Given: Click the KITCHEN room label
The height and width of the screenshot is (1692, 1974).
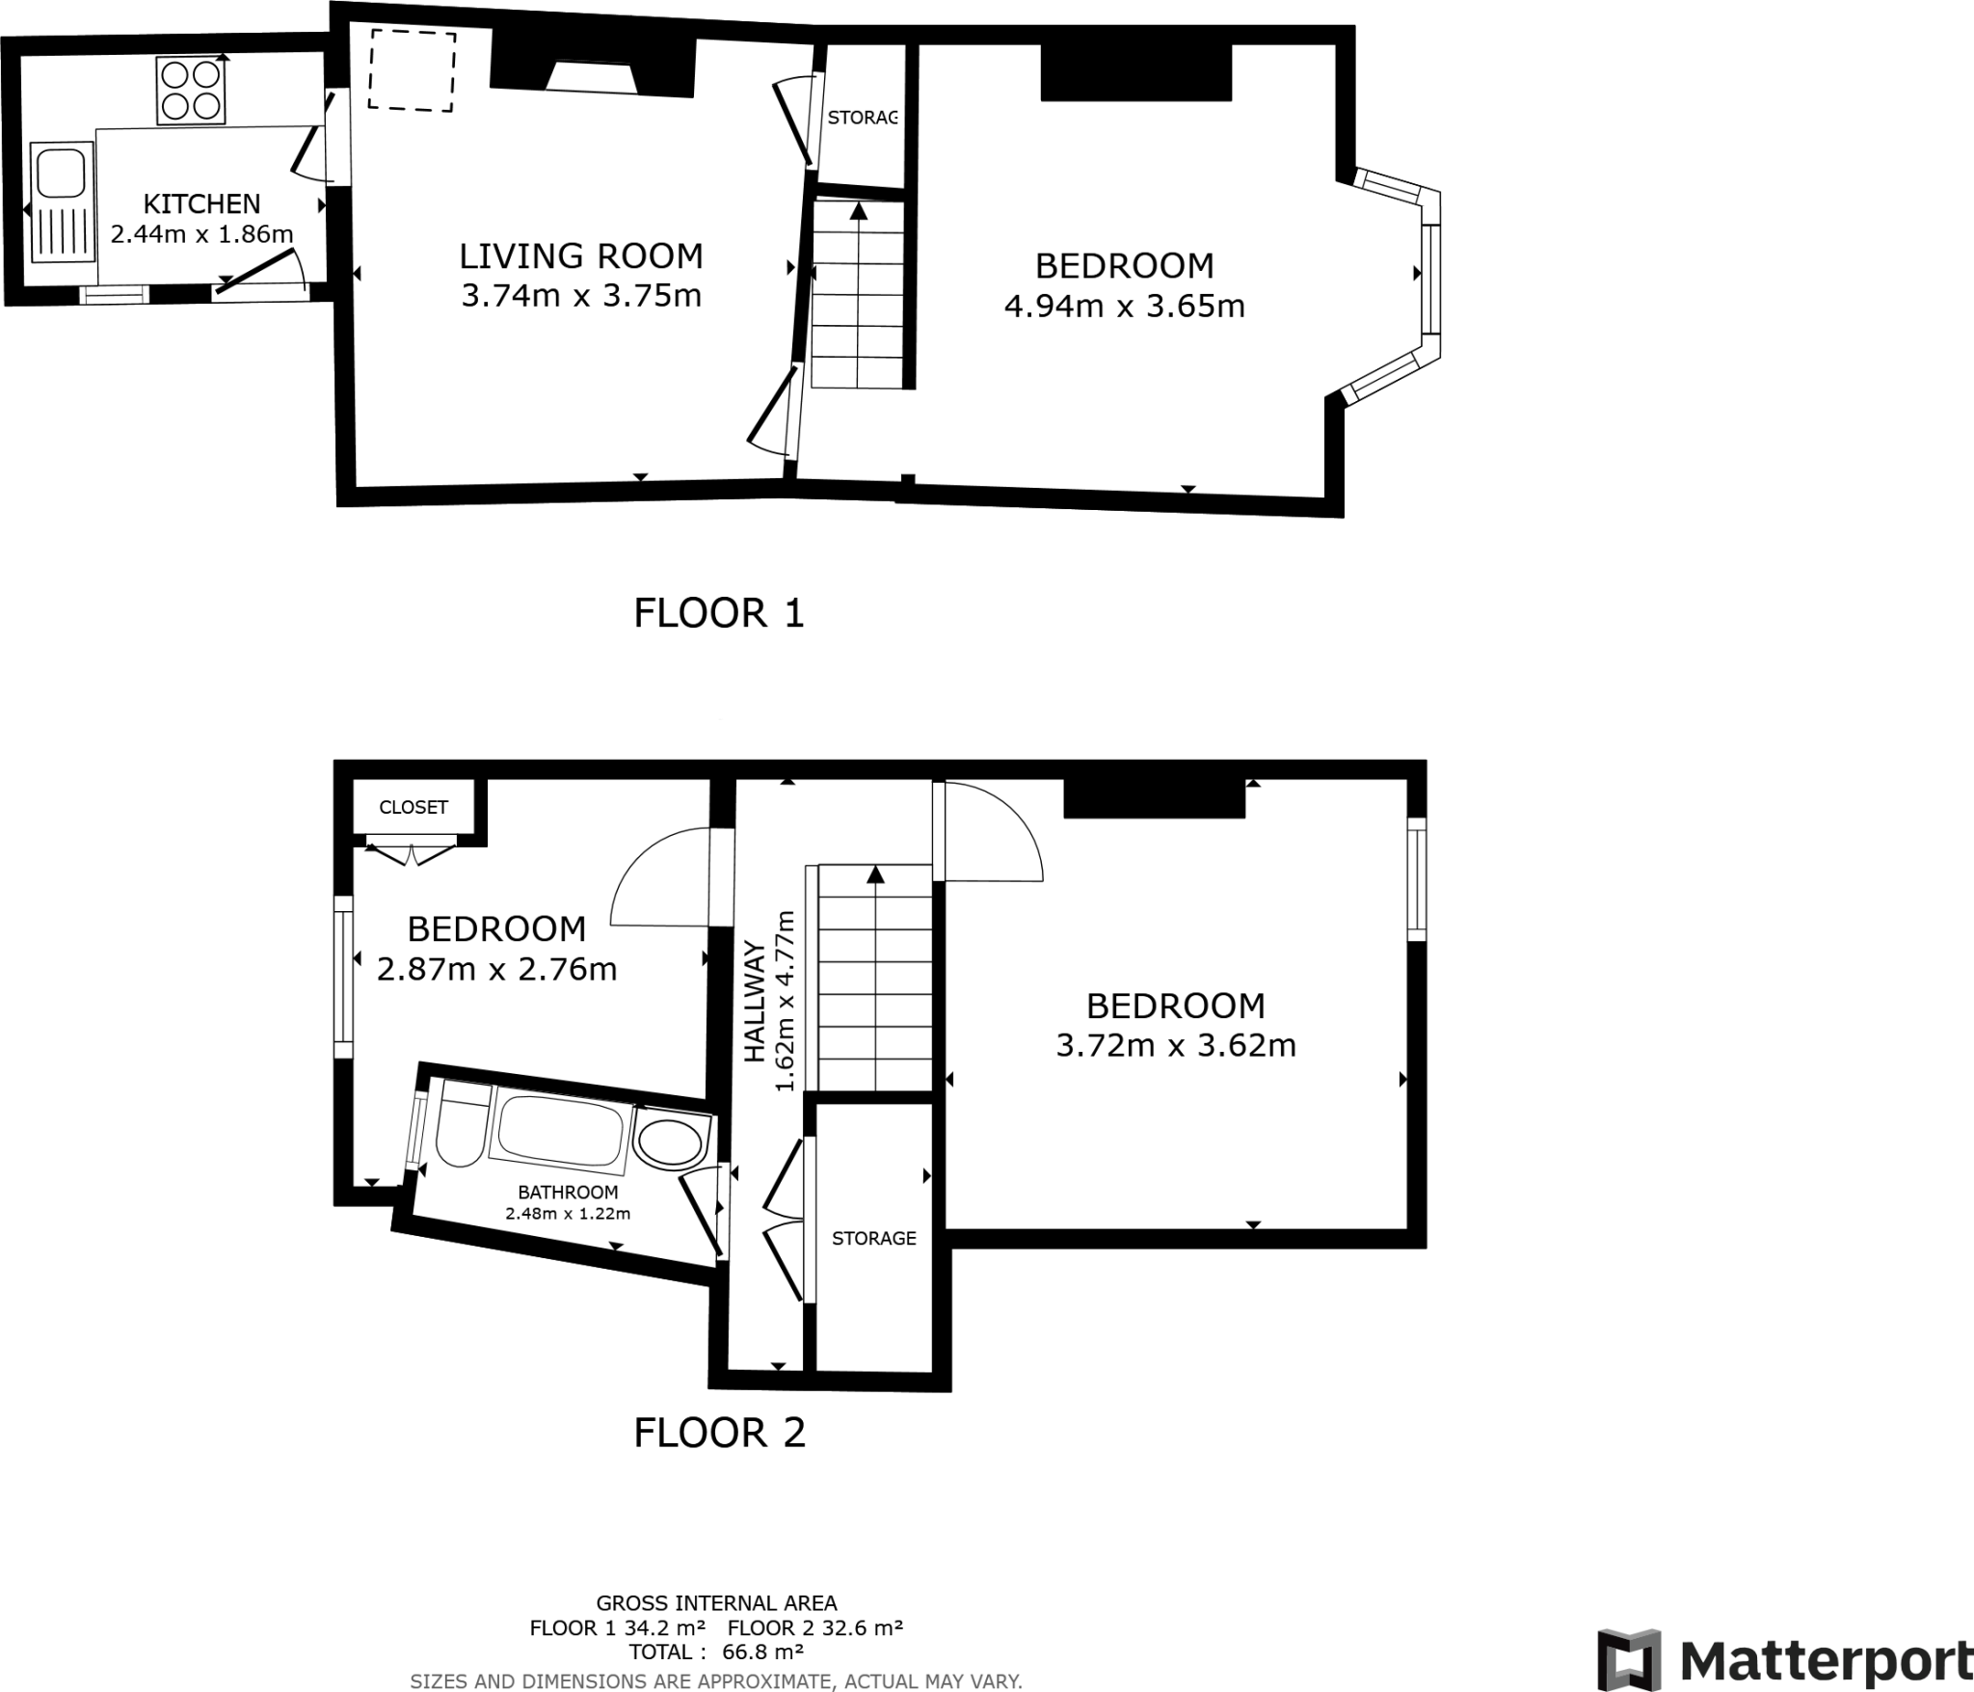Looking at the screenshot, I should (x=201, y=204).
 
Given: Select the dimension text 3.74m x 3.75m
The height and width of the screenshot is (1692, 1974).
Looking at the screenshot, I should (x=581, y=295).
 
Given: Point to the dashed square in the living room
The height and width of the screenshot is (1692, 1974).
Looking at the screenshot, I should (x=412, y=70).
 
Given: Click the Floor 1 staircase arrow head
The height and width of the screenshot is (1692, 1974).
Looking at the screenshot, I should (x=857, y=209).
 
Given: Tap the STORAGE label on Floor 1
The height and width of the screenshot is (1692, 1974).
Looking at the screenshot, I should (x=862, y=118).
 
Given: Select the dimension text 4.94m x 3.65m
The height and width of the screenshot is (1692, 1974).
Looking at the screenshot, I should (x=1124, y=306).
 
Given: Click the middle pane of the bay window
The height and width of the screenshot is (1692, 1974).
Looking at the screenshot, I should (x=1429, y=279).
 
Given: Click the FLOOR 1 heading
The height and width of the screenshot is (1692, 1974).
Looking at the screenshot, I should (x=718, y=613).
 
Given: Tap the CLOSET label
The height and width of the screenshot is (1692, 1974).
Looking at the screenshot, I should (x=413, y=807).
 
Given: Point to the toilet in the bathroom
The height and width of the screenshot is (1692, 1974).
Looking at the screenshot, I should (x=463, y=1125).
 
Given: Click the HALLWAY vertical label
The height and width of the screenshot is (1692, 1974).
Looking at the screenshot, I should (x=754, y=1003).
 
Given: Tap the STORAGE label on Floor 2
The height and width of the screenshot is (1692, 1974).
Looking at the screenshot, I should (x=873, y=1238).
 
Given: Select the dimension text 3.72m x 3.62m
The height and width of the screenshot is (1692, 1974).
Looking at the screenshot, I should (x=1175, y=1045).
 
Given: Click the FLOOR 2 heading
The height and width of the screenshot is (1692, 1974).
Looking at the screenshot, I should (x=719, y=1433).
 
